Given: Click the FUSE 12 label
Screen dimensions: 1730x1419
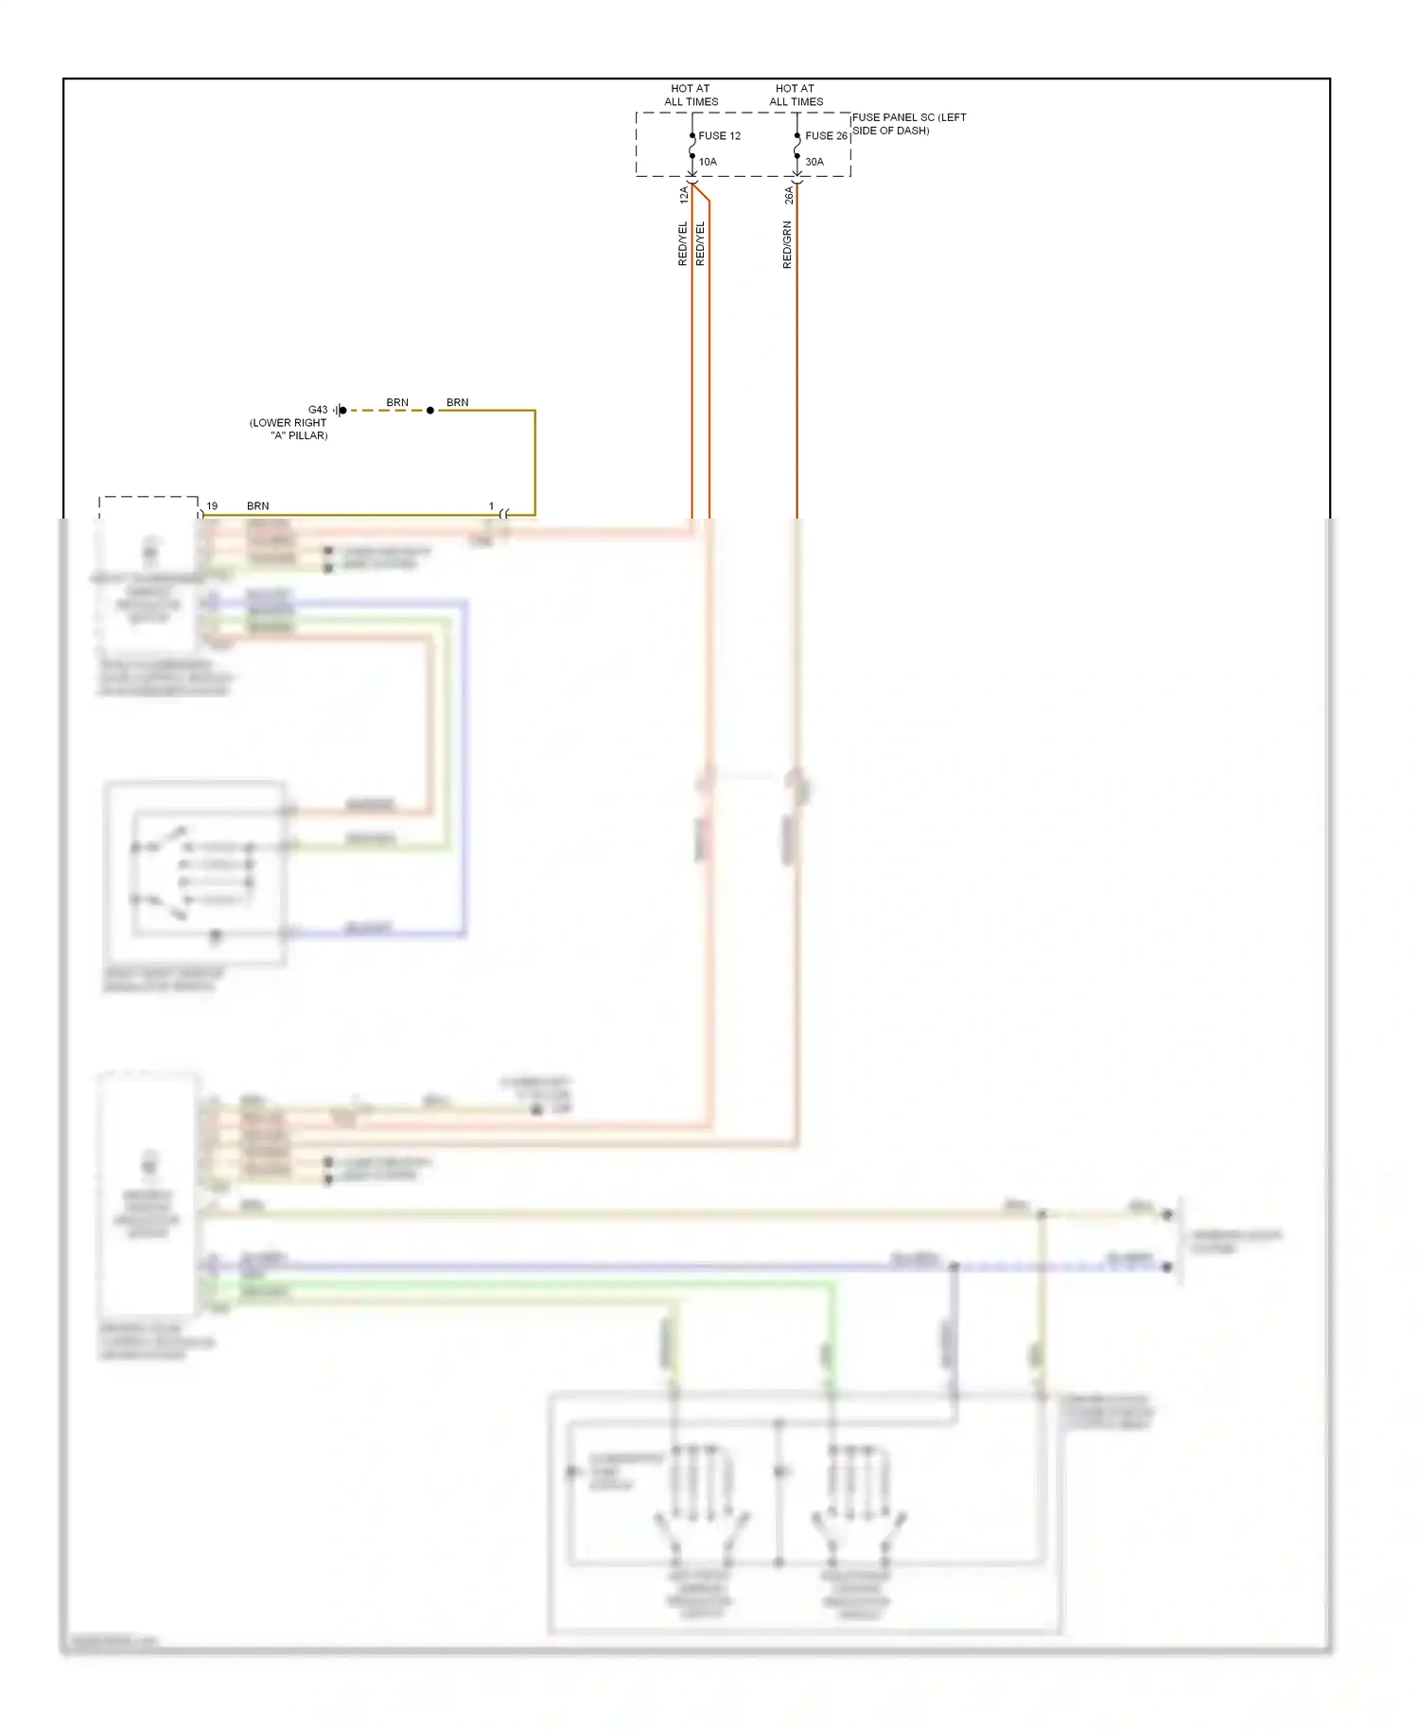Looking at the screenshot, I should [x=719, y=136].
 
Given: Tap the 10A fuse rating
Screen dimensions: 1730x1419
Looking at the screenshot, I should [x=708, y=162].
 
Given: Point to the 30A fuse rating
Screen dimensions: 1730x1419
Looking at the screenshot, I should [x=814, y=162].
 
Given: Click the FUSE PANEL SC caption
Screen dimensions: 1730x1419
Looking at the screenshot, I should [x=908, y=124].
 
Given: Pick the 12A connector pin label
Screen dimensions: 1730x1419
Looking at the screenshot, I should [x=684, y=195].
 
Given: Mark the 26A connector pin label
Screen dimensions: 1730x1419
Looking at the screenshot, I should [x=789, y=195].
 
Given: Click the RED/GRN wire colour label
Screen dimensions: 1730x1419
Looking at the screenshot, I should [x=787, y=245].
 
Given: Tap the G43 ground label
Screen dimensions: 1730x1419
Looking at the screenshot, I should [x=318, y=410].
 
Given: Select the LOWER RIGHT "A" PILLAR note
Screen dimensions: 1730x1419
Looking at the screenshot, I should [x=289, y=430].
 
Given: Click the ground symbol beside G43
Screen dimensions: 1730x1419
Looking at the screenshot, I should [x=340, y=410].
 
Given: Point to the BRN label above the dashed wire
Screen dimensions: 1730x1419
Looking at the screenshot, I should [x=397, y=402].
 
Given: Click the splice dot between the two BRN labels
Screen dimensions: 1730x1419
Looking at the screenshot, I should [x=430, y=411].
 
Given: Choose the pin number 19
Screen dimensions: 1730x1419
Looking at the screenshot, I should [x=212, y=506].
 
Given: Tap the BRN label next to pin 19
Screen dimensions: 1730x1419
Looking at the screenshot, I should [x=257, y=506].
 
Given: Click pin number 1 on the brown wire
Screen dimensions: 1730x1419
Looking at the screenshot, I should [x=491, y=506].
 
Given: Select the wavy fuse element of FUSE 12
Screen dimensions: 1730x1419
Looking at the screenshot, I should [x=692, y=146].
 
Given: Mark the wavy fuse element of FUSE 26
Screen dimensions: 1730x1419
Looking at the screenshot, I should [x=797, y=146].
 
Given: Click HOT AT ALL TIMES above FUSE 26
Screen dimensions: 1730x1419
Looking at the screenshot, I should [x=796, y=95].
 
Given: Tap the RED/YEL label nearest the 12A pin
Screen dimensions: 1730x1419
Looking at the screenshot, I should [x=683, y=243].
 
